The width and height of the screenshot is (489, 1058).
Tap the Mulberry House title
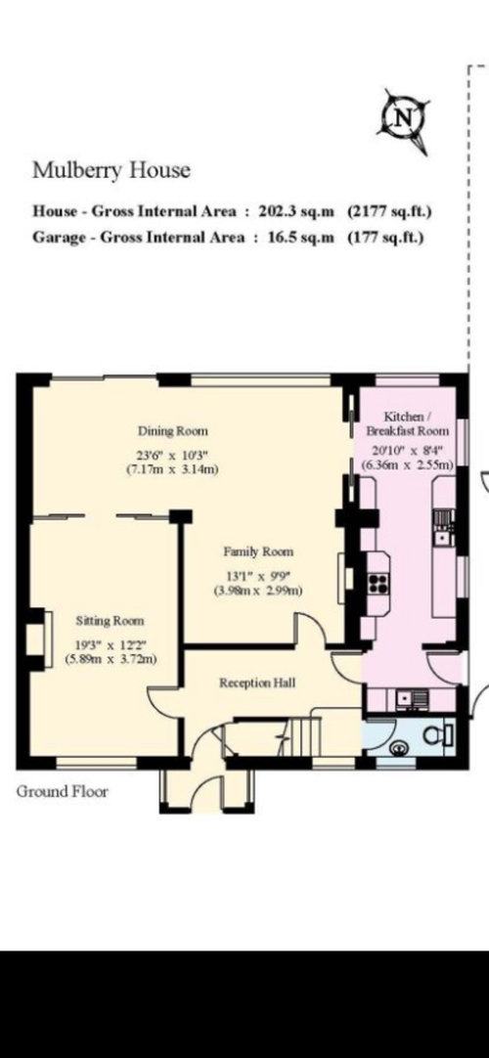tap(111, 170)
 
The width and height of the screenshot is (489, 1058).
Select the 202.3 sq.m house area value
tap(297, 211)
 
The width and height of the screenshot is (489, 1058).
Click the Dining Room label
tap(173, 430)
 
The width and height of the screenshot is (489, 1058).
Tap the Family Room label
tap(258, 551)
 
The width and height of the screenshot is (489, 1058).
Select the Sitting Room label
tap(110, 621)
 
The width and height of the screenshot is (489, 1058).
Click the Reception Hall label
tap(257, 683)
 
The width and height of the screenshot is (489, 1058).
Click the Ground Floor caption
tap(62, 791)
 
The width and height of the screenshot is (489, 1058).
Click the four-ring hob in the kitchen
tap(378, 583)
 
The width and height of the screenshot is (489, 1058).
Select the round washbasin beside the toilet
tap(400, 746)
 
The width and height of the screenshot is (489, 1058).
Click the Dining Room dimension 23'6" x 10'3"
tap(173, 455)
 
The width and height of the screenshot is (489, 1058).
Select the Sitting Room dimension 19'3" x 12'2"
tap(110, 645)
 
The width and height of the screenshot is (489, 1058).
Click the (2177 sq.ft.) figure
tap(389, 211)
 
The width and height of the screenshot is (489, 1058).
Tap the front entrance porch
tap(207, 789)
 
